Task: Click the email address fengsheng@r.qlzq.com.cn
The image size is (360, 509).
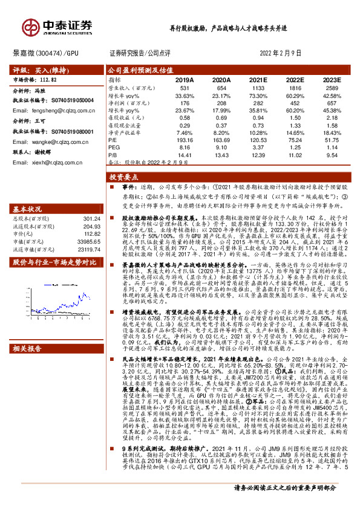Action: (49, 111)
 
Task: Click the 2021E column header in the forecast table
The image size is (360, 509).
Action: (258, 79)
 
